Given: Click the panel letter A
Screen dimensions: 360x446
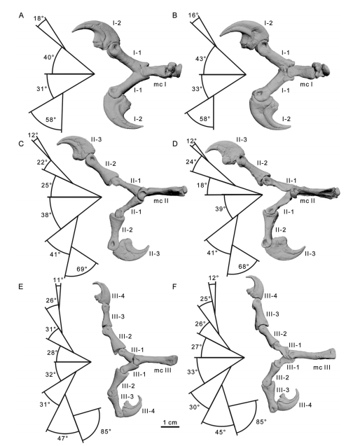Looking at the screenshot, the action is coord(21,15).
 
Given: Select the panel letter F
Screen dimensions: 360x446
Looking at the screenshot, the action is coord(174,287).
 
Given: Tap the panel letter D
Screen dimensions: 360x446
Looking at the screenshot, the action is coord(174,144).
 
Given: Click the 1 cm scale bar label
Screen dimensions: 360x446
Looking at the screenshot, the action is coord(170,422).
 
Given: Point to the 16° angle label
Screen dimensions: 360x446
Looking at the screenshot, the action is coord(193,15).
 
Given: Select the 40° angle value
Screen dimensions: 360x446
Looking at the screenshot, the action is coord(48,57).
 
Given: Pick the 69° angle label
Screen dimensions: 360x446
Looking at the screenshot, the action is coord(81,269).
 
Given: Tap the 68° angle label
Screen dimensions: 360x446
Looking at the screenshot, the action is coord(244,267).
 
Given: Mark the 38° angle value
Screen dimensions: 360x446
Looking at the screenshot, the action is coord(46,216).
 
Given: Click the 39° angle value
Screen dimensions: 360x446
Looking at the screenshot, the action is coord(221,209).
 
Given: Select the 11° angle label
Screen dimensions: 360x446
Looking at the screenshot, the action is coord(57,280).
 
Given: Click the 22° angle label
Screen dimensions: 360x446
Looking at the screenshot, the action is coord(41,162).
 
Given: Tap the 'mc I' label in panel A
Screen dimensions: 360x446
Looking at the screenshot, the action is coord(160,84).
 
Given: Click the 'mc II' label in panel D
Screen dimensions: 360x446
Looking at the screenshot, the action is coord(307,201).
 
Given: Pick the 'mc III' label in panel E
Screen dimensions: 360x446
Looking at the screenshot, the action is coord(162,370).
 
